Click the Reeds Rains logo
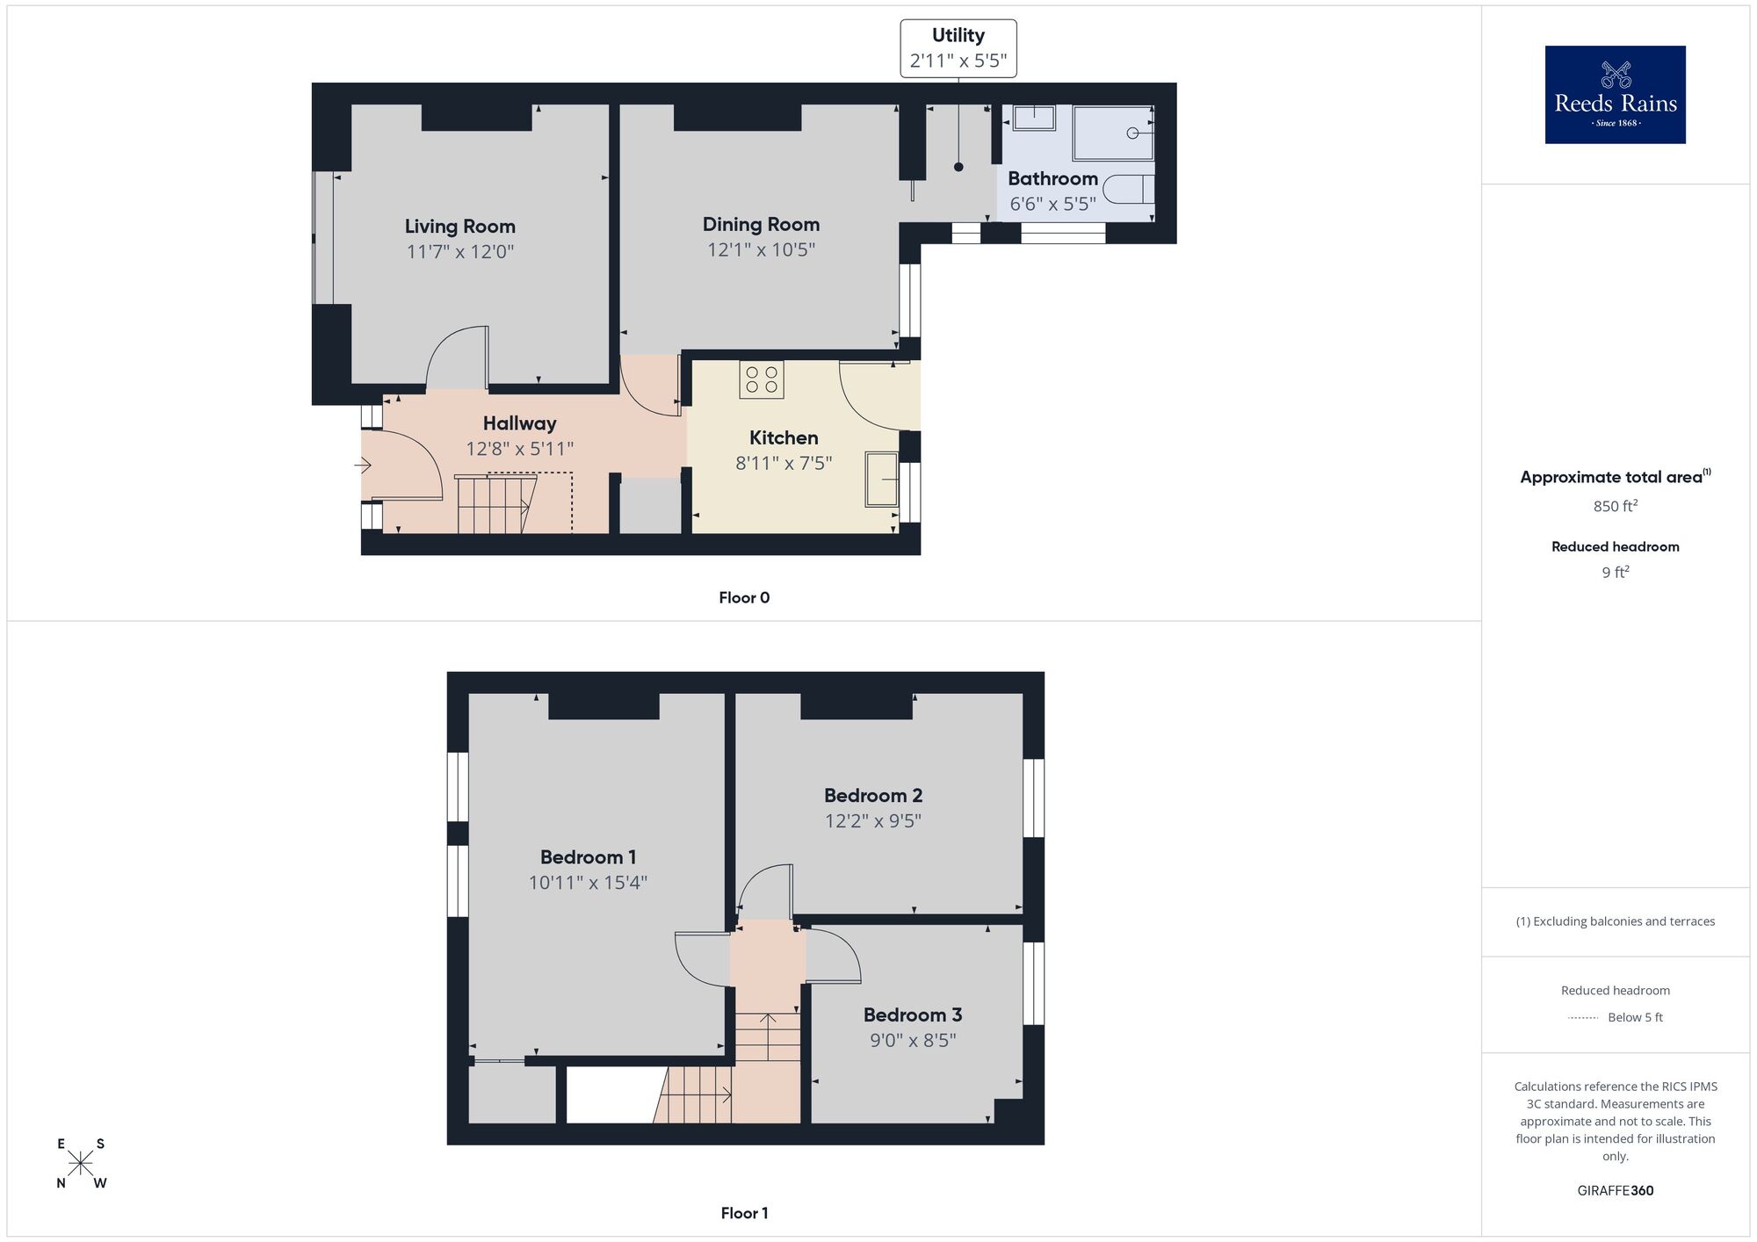coord(1615,94)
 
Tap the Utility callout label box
coord(958,48)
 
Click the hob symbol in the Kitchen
coord(761,379)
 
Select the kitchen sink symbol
coord(881,479)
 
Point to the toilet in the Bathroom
coord(1128,190)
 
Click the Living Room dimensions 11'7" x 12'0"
coord(459,252)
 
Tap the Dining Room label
coord(761,224)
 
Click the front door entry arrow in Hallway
coord(363,466)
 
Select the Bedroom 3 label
coord(912,1015)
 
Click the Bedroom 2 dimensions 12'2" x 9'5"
coord(872,820)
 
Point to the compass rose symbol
coord(81,1163)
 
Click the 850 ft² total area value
coord(1615,506)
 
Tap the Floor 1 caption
coord(744,1213)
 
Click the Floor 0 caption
coord(744,597)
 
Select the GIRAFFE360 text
coord(1615,1190)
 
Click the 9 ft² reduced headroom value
coord(1615,572)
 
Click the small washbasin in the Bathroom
coord(1034,118)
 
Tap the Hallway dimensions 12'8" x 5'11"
coord(519,449)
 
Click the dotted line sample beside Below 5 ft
coord(1582,1018)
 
